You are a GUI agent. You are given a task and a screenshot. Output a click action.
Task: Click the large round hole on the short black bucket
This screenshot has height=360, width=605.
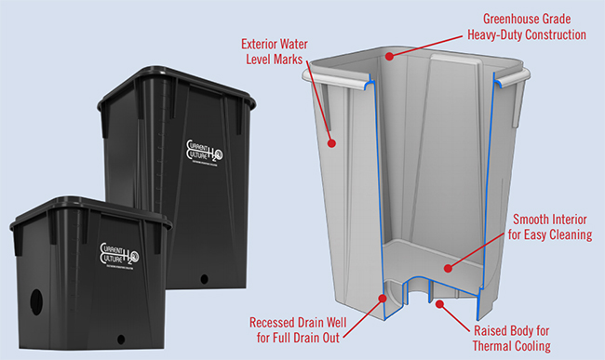pyautogui.click(x=36, y=300)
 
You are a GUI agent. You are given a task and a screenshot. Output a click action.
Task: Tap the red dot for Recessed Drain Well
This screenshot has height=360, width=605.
pyautogui.click(x=383, y=299)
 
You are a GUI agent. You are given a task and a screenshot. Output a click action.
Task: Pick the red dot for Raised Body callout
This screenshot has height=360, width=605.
pyautogui.click(x=442, y=302)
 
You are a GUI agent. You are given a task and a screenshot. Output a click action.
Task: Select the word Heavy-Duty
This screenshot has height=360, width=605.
pyautogui.click(x=488, y=34)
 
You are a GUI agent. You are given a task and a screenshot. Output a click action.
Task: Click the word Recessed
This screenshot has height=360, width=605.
pyautogui.click(x=279, y=322)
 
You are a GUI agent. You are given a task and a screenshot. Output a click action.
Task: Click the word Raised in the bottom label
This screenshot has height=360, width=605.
pyautogui.click(x=492, y=330)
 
